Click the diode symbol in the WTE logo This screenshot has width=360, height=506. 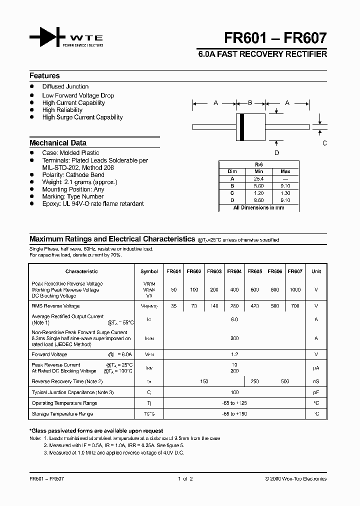click(47, 38)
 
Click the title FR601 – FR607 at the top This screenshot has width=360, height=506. click(286, 38)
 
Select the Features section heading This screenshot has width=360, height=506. click(44, 76)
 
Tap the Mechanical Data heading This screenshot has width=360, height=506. click(58, 142)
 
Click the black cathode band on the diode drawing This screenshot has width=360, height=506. click(242, 127)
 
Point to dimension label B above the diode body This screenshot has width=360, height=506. click(250, 103)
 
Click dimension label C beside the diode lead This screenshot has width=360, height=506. click(324, 143)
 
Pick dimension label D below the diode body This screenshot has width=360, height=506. click(276, 153)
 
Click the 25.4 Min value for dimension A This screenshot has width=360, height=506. click(259, 178)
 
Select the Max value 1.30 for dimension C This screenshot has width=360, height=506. click(285, 193)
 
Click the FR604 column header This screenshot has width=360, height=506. click(234, 271)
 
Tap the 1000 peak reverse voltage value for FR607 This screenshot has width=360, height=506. click(295, 290)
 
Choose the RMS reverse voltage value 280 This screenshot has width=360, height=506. click(234, 306)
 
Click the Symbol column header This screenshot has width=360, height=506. click(149, 271)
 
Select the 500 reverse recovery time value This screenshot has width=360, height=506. click(285, 381)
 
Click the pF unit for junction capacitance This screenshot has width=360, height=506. click(316, 392)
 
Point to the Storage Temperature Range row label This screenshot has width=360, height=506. click(62, 414)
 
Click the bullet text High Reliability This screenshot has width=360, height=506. click(62, 110)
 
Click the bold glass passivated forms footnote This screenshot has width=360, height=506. click(96, 431)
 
